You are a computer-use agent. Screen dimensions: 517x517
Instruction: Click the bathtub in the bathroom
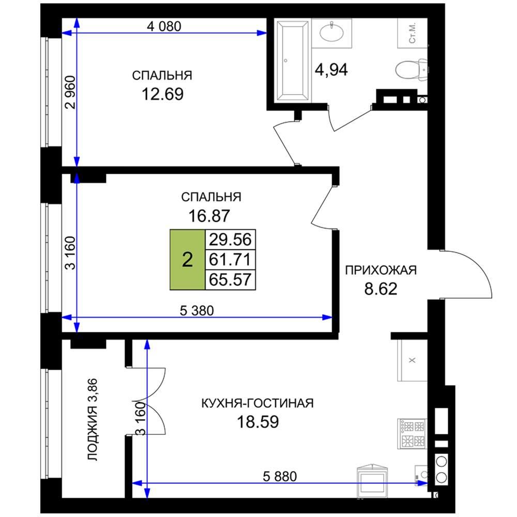coord(293,60)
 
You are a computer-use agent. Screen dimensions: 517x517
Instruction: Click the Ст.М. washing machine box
coord(412,33)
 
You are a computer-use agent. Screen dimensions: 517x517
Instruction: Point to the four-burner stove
coord(412,434)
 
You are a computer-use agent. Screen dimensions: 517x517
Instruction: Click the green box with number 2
coord(187,260)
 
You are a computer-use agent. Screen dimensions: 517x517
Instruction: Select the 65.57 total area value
coord(230,280)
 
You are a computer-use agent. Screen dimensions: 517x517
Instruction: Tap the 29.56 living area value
coord(230,239)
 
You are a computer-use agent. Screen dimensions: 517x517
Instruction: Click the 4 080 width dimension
coord(164,26)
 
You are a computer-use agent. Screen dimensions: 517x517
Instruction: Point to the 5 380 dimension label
coord(197,311)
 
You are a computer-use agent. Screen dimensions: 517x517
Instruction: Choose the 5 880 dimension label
coord(280,477)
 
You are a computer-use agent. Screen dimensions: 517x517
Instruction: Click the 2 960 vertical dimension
coord(70,93)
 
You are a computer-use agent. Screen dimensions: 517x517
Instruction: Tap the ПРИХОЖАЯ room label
coord(381,270)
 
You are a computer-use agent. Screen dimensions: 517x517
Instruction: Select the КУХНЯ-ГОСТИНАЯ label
coord(257,403)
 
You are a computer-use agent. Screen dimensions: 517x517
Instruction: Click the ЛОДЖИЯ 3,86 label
coord(93,419)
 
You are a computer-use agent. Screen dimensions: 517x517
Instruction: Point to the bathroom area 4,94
coord(331,70)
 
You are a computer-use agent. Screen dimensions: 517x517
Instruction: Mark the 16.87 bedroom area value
coord(209,216)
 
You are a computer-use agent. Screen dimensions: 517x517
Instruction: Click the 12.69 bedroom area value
coord(162,94)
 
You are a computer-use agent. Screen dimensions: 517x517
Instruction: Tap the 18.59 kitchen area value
coord(258,422)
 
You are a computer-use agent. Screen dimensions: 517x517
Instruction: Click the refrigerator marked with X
coord(412,360)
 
